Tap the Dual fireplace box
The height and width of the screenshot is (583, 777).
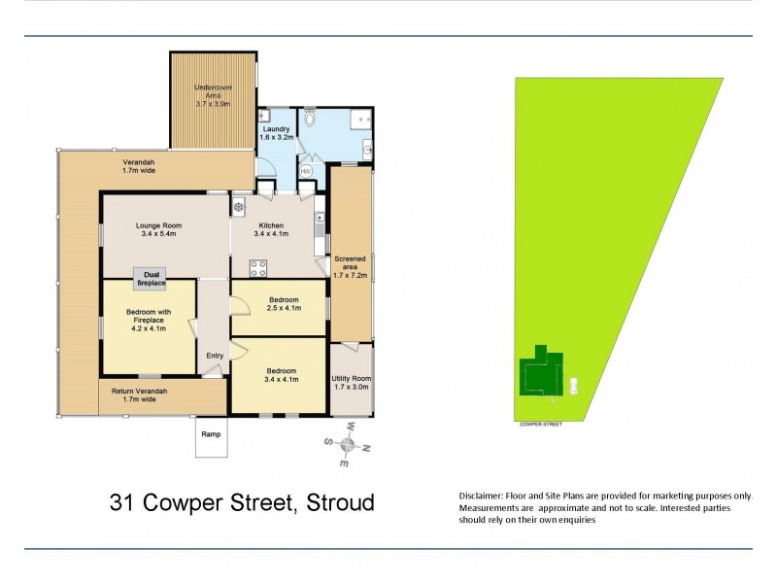(x=152, y=278)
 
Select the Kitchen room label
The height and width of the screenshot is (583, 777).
(x=272, y=228)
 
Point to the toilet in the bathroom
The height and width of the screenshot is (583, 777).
(x=310, y=120)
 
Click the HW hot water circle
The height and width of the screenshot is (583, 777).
(x=306, y=172)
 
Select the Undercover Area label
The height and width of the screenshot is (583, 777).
(x=211, y=98)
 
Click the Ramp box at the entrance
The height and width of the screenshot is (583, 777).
(x=212, y=438)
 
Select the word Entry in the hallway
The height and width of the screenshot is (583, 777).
(x=214, y=357)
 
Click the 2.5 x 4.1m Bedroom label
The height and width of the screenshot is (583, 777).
(x=282, y=304)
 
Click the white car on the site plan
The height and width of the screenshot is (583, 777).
(x=575, y=384)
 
